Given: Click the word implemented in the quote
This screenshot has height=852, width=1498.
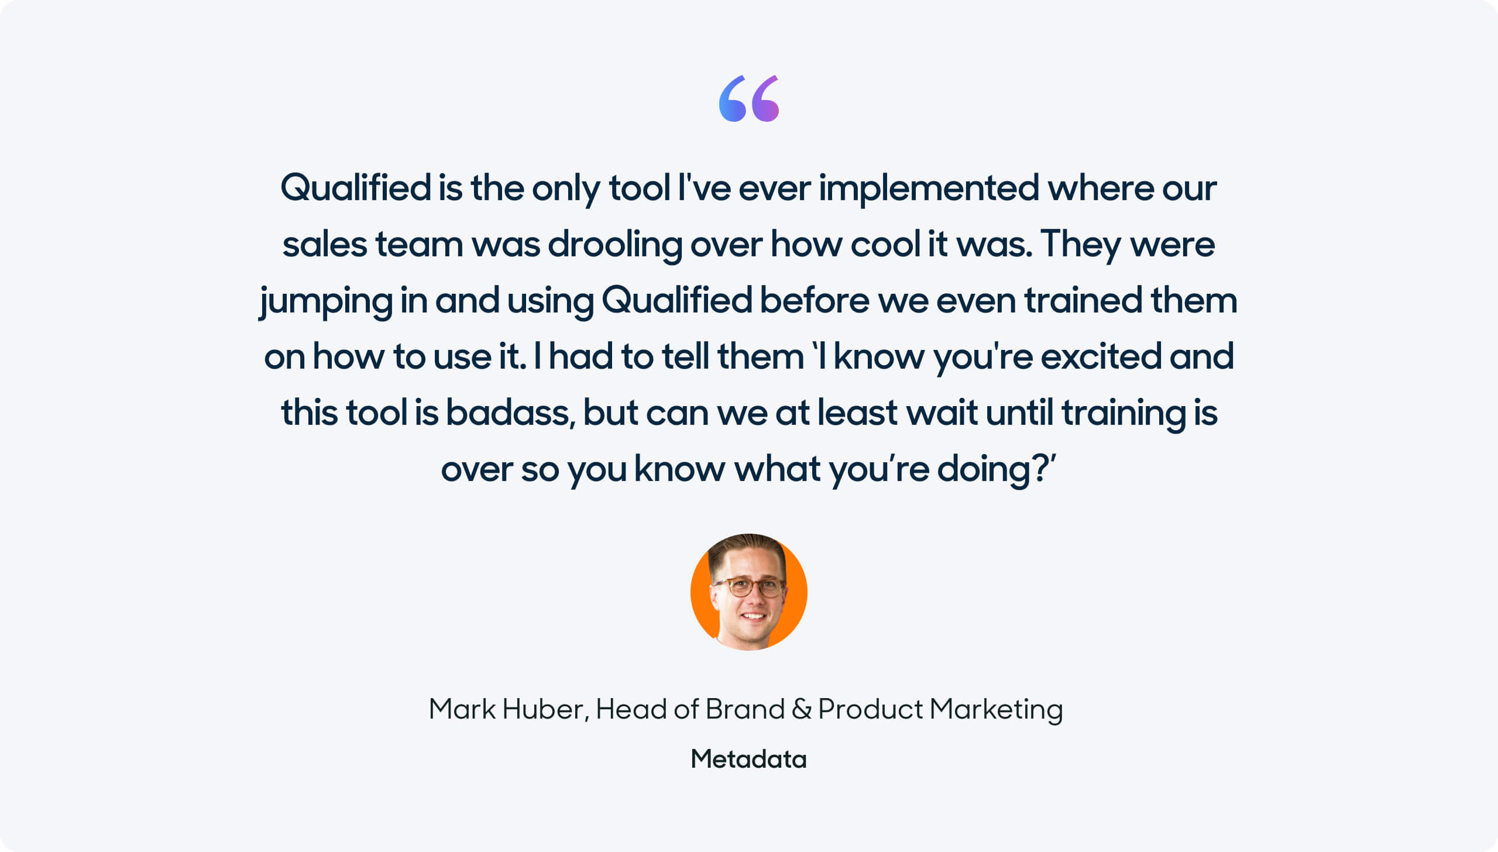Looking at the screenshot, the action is click(x=929, y=189).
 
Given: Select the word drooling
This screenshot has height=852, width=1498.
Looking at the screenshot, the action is click(x=614, y=245).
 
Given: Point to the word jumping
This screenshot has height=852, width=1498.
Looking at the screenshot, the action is click(x=326, y=301).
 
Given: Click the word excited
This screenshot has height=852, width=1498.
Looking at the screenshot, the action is click(x=1101, y=356).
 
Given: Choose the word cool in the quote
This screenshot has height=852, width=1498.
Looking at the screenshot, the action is click(x=885, y=244).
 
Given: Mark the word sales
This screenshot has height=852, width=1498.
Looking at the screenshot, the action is click(x=325, y=244).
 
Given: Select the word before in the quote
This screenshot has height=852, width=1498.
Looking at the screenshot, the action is click(x=815, y=300).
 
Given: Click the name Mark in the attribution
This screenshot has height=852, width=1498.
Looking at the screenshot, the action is click(x=462, y=709).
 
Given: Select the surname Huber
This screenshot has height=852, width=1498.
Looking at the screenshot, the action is click(x=545, y=709).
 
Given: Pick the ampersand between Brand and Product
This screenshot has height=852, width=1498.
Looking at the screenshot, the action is click(x=801, y=709).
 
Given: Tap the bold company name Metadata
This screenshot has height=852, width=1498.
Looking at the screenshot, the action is click(x=749, y=759).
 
